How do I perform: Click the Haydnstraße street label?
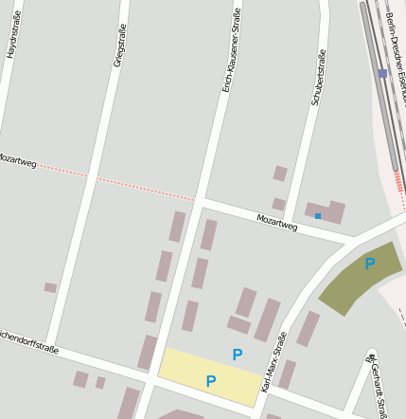[x=12, y=39]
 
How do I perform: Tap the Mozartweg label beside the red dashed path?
[x=17, y=160]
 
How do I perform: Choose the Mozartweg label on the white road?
[x=276, y=223]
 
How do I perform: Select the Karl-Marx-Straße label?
[x=274, y=361]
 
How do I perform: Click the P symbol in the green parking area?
[x=370, y=264]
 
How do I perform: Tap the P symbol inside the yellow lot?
[x=211, y=381]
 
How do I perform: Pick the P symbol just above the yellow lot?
[x=238, y=355]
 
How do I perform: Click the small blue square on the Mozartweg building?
[x=318, y=216]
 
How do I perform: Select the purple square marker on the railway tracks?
[x=382, y=73]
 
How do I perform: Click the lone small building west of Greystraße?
[x=50, y=287]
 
